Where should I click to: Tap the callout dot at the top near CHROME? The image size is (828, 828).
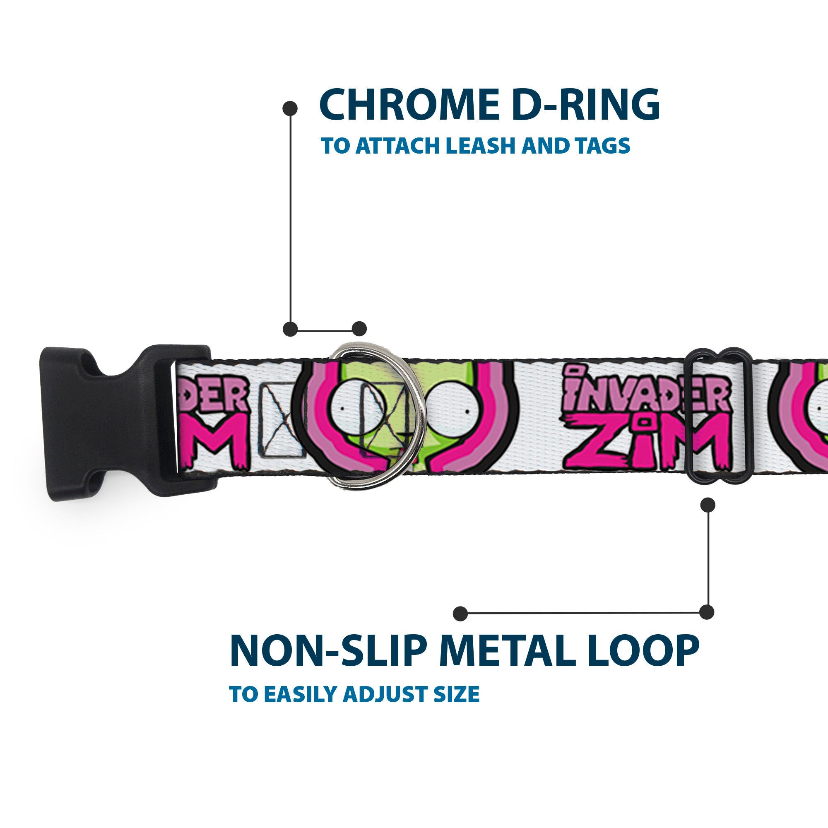click(x=290, y=108)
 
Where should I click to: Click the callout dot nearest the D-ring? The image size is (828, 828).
click(x=359, y=329)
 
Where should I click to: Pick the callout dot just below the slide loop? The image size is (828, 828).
click(x=708, y=505)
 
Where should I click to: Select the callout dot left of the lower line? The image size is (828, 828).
click(x=460, y=613)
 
